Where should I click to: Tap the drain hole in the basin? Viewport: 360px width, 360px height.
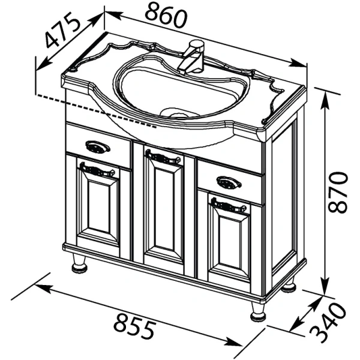[175, 113]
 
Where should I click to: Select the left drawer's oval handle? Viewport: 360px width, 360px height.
[98, 146]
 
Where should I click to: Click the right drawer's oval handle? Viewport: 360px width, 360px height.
[229, 182]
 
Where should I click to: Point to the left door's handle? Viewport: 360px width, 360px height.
[97, 170]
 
